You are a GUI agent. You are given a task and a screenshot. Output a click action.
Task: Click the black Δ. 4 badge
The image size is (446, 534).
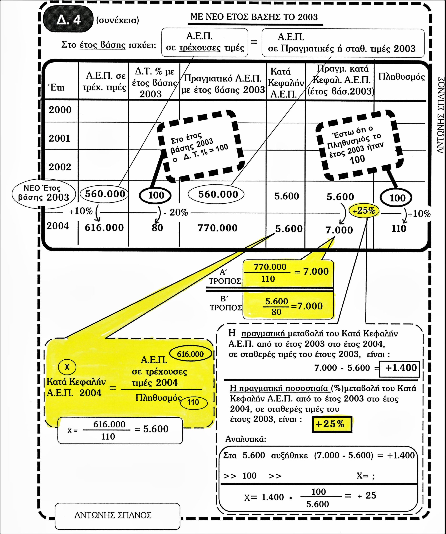[x=68, y=19]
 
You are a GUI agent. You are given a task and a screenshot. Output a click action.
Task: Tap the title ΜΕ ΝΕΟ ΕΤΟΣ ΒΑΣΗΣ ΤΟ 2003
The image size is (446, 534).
[x=254, y=17]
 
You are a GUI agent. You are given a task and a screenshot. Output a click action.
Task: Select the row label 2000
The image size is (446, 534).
[x=60, y=110]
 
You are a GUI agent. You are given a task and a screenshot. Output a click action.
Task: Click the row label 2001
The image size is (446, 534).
[x=59, y=138]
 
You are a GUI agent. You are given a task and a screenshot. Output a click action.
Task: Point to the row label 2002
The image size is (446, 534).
[x=60, y=167]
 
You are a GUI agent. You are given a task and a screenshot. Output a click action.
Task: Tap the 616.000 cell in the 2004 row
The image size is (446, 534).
[x=104, y=228]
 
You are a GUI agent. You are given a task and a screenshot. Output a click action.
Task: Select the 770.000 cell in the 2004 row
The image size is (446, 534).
[x=218, y=228]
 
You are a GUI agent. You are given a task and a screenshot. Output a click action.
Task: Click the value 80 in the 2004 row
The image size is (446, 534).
[x=157, y=228]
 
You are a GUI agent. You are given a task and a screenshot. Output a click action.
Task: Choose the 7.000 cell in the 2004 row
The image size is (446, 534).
[x=339, y=230]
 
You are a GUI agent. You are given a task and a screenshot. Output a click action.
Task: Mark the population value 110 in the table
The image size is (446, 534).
[x=399, y=229]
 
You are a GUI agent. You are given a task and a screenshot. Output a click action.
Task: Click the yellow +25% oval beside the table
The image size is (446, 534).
[x=364, y=211]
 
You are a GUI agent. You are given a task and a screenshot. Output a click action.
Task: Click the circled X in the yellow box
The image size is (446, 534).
[x=67, y=367]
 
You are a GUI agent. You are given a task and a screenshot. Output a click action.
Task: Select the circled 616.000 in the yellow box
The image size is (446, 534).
[x=190, y=354]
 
